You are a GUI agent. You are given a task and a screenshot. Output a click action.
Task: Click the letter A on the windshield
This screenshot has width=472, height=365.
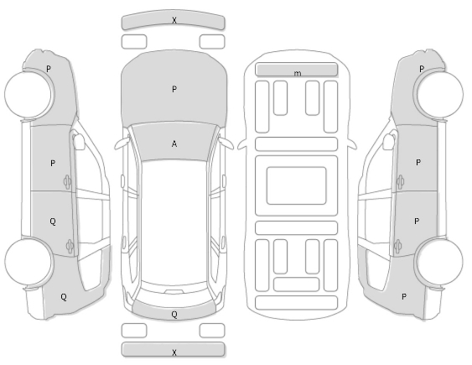pyautogui.click(x=174, y=144)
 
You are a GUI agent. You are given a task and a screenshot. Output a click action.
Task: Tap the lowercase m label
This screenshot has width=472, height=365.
pyautogui.click(x=297, y=73)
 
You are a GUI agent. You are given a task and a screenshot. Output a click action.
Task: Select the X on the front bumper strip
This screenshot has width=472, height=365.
pyautogui.click(x=174, y=20)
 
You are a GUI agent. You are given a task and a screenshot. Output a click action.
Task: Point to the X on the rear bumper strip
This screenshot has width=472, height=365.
pyautogui.click(x=174, y=352)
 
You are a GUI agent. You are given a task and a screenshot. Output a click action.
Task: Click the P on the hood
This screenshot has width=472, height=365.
pyautogui.click(x=174, y=89)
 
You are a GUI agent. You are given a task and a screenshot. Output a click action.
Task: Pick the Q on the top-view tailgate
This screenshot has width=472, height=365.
pyautogui.click(x=174, y=315)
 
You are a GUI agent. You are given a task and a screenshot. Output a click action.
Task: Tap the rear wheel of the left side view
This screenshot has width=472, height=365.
pyautogui.click(x=29, y=262)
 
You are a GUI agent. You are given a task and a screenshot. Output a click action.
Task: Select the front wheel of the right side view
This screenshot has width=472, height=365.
pyautogui.click(x=439, y=94)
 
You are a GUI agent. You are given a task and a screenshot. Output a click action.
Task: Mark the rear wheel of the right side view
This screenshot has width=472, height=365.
pyautogui.click(x=439, y=262)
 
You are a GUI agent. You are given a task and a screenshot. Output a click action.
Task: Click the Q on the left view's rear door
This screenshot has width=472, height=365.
pyautogui.click(x=53, y=222)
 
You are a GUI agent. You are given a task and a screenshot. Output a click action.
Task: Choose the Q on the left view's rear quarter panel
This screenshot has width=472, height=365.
pyautogui.click(x=64, y=297)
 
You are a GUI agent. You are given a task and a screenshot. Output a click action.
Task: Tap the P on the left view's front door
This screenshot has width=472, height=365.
pyautogui.click(x=53, y=164)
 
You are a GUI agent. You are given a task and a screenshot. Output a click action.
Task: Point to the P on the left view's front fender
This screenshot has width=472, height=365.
pyautogui.click(x=49, y=69)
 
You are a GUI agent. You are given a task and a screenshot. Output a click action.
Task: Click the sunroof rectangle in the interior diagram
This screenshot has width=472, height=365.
pyautogui.click(x=297, y=185)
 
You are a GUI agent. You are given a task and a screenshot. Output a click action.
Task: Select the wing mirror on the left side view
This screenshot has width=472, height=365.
pyautogui.click(x=79, y=142)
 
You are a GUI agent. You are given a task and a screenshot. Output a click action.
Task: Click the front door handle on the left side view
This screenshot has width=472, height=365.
pyautogui.click(x=67, y=182)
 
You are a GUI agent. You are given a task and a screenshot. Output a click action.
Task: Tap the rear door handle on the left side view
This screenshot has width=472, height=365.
pyautogui.click(x=70, y=246)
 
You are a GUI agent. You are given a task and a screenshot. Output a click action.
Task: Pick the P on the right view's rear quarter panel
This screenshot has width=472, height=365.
pyautogui.click(x=403, y=297)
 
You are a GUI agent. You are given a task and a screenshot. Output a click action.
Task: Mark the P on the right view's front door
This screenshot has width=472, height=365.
pyautogui.click(x=418, y=163)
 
